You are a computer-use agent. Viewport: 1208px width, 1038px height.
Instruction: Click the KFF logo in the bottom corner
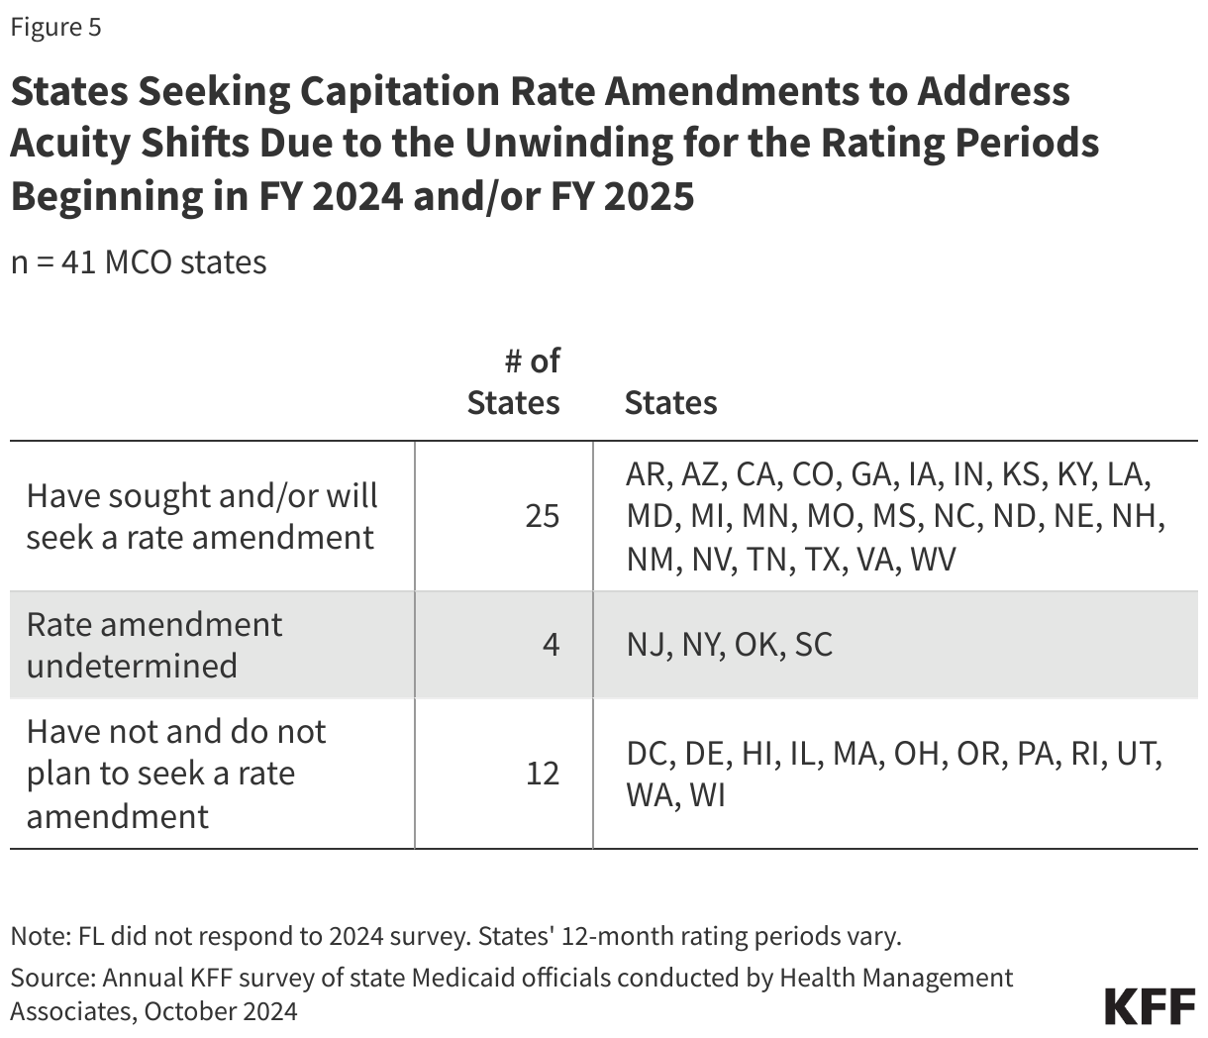pos(1150,1005)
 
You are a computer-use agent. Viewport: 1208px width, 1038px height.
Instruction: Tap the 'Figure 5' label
pos(55,27)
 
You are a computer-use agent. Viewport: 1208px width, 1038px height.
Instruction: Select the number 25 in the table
pos(542,516)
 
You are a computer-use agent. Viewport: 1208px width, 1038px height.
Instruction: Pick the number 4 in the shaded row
pos(551,645)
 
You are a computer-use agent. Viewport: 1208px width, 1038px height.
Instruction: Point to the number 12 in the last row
pos(542,773)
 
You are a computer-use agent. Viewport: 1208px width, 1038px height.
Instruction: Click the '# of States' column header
pos(514,382)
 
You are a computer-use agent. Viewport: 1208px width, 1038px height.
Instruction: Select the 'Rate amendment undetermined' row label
pos(153,645)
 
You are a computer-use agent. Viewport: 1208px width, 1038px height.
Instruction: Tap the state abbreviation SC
pos(813,645)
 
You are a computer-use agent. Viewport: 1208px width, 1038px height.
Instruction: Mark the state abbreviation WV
pos(932,559)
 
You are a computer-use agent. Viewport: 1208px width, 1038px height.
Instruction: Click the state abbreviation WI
pos(707,794)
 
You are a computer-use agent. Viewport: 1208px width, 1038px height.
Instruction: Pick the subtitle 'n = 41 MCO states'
pos(139,262)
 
